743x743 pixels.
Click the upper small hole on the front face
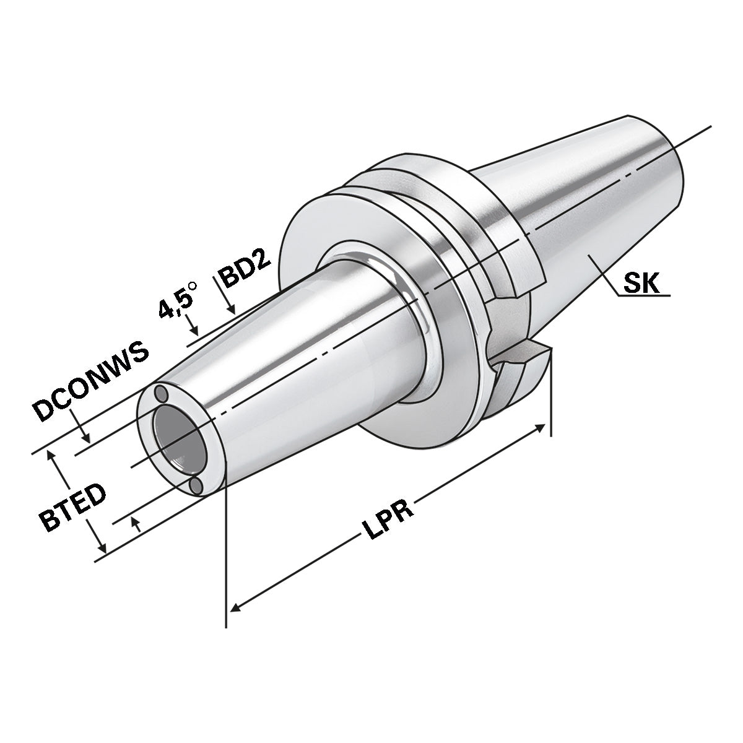tap(161, 393)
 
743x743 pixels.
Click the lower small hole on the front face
tap(196, 486)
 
